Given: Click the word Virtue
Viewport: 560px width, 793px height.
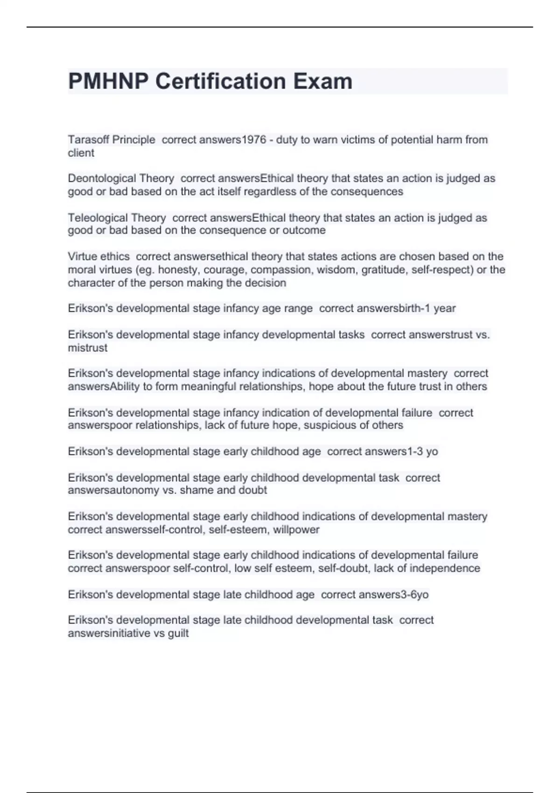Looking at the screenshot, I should (x=80, y=257).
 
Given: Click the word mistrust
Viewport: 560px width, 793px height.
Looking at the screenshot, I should (x=88, y=348).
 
